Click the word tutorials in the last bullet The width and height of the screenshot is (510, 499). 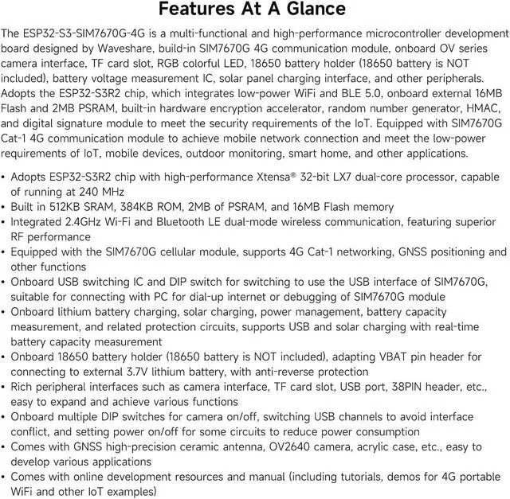(x=373, y=477)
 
